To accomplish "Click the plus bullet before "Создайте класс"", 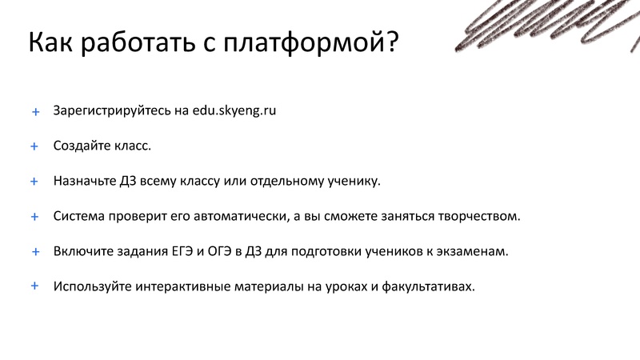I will point(35,146).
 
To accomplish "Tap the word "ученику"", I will point(352,182).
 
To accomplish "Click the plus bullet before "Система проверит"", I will point(35,217).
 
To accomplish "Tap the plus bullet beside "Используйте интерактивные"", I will point(35,286).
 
